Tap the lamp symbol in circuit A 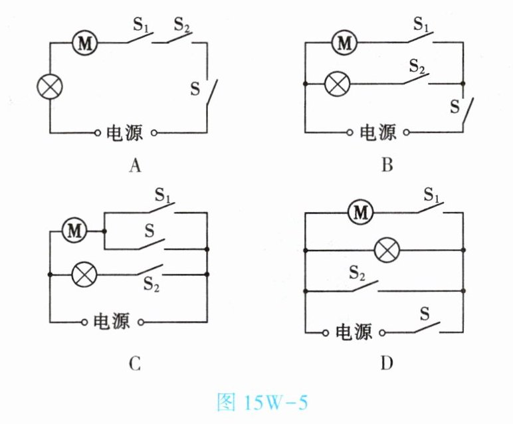[x=50, y=87]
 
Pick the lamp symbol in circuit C [x=84, y=274]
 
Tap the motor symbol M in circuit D [x=361, y=213]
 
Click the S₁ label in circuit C [x=163, y=196]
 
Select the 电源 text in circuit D [x=353, y=332]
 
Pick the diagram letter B [x=387, y=165]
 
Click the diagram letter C [x=135, y=363]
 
